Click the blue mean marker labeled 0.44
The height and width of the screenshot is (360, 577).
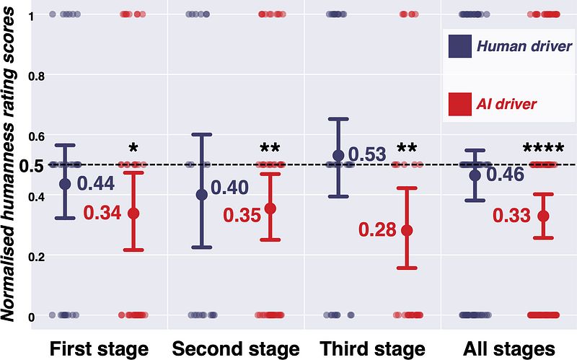pyautogui.click(x=65, y=183)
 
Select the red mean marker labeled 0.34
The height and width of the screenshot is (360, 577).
pyautogui.click(x=133, y=214)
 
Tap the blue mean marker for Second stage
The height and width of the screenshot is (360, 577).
pyautogui.click(x=202, y=194)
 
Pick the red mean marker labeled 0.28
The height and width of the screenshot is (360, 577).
pyautogui.click(x=407, y=230)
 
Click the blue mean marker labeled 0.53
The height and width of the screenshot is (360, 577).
pyautogui.click(x=338, y=156)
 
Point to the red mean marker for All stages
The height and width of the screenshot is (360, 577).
pyautogui.click(x=544, y=216)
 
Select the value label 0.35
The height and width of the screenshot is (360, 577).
pyautogui.click(x=241, y=215)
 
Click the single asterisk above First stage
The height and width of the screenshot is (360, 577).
pyautogui.click(x=133, y=149)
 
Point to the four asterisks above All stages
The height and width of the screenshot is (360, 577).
pyautogui.click(x=542, y=149)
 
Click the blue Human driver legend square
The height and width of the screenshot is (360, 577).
pyautogui.click(x=460, y=48)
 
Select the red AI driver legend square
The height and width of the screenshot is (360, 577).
pyautogui.click(x=460, y=104)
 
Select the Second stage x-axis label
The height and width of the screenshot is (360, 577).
pyautogui.click(x=235, y=349)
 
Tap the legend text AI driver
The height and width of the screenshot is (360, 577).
pyautogui.click(x=506, y=104)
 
